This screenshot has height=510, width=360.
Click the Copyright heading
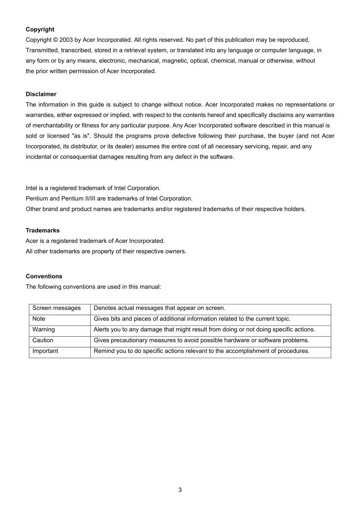pos(40,30)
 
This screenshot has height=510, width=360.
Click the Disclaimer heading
pos(41,94)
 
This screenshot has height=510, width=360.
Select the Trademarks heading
pos(42,231)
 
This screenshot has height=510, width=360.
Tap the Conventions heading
pos(44,276)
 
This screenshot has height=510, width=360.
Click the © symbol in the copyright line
pos(55,40)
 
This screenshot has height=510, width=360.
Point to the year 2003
pos(66,40)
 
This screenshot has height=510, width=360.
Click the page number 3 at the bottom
pos(180,490)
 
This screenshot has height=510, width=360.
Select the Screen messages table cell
pos(56,308)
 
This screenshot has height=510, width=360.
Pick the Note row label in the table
pos(39,319)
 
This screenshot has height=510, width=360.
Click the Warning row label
pos(44,330)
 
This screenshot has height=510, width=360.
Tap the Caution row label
pos(43,341)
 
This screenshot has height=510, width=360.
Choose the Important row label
pos(45,351)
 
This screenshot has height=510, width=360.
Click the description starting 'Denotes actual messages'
pos(159,308)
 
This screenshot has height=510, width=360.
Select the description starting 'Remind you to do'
pos(201,351)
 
